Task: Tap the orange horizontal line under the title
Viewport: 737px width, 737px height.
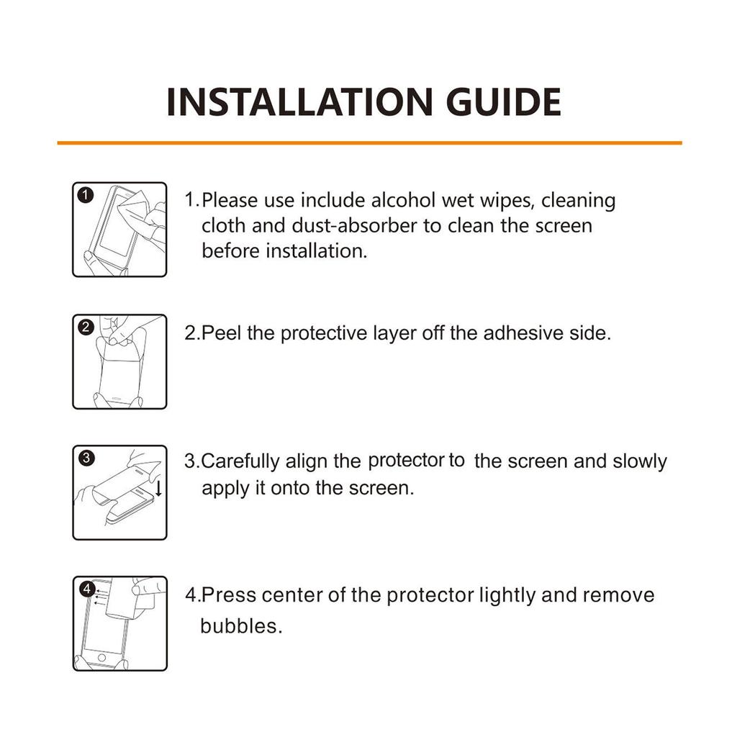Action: [x=368, y=143]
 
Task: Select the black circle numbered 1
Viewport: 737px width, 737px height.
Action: [x=86, y=195]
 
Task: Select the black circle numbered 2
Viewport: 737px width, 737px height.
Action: [x=86, y=327]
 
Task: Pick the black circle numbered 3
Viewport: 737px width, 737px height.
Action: [x=86, y=458]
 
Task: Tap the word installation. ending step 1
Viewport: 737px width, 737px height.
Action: [x=316, y=252]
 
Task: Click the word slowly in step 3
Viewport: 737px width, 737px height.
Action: [x=640, y=461]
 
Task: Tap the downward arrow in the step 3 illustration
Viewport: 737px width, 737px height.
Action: [x=158, y=489]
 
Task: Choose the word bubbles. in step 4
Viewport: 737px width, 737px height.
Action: [x=240, y=625]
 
